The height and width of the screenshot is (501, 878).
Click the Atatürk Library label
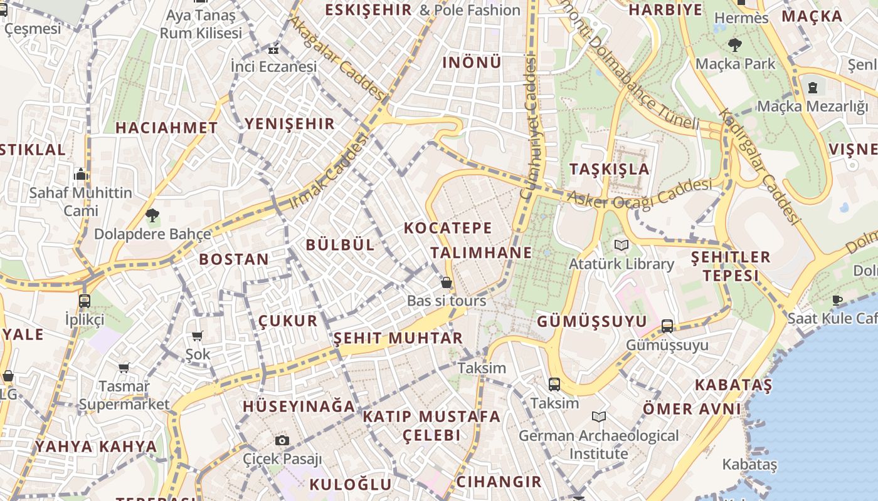coord(621,264)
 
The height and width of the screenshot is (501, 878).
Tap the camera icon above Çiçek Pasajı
coord(282,440)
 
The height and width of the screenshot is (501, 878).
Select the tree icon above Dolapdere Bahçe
coord(152,216)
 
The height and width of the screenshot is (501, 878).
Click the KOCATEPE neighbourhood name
coord(448,228)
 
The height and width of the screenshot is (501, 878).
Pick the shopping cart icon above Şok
coord(198,336)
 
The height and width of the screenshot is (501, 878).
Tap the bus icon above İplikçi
coord(85,301)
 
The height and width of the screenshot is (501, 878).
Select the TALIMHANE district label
coord(481,253)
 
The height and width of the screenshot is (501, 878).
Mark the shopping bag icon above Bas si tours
coord(447,282)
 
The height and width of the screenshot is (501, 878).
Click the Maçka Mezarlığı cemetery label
coord(812,106)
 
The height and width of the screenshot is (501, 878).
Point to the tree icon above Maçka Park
coord(734,45)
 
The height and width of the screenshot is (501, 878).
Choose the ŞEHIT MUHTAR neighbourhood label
coord(398,339)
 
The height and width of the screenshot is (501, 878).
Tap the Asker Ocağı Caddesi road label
coord(640,193)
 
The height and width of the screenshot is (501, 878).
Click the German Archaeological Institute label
coord(598,444)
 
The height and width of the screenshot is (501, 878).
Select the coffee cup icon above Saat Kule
coord(837,300)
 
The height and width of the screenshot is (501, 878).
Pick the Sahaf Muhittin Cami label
coord(81,201)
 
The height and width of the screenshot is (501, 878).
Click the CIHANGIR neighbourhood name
coord(499,482)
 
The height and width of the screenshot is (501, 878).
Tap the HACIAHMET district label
coord(166,128)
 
